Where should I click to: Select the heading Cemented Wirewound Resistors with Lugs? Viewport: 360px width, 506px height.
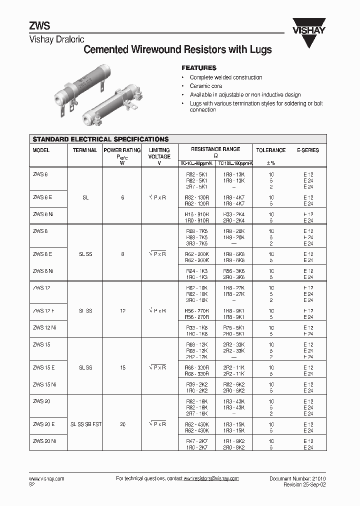pyautogui.click(x=177, y=49)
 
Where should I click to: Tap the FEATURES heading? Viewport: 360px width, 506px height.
pyautogui.click(x=198, y=67)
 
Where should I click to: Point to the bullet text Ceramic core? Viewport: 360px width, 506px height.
pyautogui.click(x=206, y=86)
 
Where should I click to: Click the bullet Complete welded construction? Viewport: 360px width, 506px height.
pyautogui.click(x=226, y=77)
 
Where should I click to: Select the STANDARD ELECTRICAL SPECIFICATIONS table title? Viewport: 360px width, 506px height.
pyautogui.click(x=100, y=139)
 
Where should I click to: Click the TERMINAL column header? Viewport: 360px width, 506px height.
pyautogui.click(x=85, y=150)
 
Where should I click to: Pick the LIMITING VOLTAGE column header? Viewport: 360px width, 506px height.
pyautogui.click(x=159, y=153)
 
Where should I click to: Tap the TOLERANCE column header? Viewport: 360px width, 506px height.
pyautogui.click(x=270, y=150)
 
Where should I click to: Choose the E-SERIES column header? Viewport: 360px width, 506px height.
pyautogui.click(x=307, y=150)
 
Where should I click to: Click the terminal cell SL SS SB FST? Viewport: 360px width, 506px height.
pyautogui.click(x=85, y=424)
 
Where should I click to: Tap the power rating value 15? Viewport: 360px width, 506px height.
pyautogui.click(x=122, y=367)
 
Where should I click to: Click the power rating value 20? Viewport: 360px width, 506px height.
pyautogui.click(x=122, y=424)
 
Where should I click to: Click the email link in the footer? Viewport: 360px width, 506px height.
pyautogui.click(x=211, y=478)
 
